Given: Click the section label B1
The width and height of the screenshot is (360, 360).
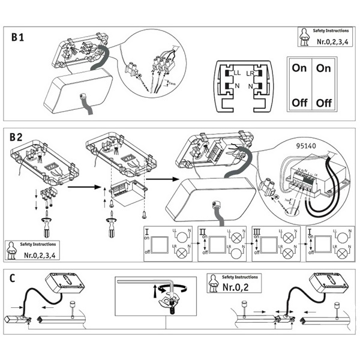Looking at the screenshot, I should [x=18, y=37].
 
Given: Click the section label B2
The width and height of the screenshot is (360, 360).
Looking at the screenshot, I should [x=17, y=137].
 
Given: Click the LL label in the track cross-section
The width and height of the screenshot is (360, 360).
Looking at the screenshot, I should [x=238, y=73].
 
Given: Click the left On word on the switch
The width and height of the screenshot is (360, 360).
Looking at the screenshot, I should [x=299, y=68].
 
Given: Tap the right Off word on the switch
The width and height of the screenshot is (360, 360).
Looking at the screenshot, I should [x=323, y=103].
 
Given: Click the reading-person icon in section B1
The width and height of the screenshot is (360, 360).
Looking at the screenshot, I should [x=304, y=37].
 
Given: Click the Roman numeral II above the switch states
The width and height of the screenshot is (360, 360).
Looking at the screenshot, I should [x=202, y=231].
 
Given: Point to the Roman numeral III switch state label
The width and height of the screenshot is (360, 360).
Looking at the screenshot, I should [x=257, y=231].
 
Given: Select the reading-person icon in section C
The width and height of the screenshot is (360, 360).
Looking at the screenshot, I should [x=212, y=283].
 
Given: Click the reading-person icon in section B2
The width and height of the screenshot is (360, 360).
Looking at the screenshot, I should [x=11, y=250].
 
